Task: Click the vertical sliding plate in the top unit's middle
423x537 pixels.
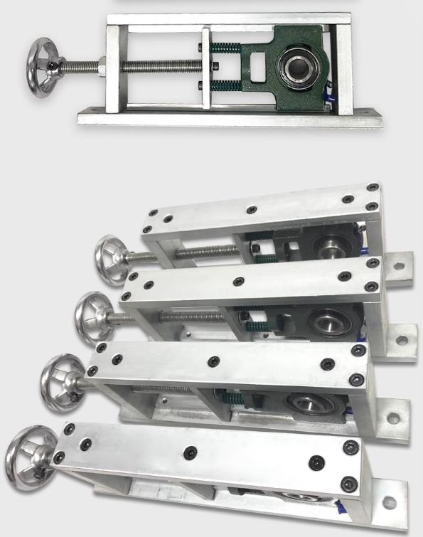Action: pos(206,68)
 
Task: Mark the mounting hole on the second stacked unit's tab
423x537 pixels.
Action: pos(402,339)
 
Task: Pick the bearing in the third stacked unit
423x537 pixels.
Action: pos(306,404)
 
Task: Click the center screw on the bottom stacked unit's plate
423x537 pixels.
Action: pos(190,452)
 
